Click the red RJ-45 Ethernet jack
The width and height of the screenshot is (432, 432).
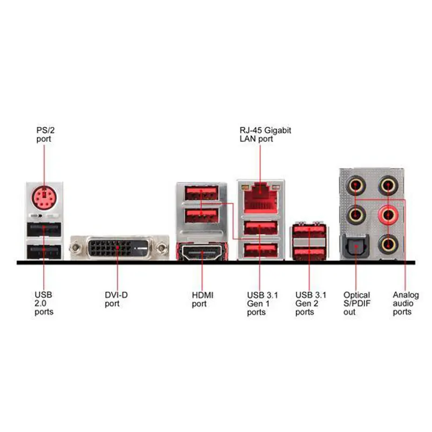click(x=260, y=198)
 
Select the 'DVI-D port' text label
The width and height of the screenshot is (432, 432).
click(x=116, y=299)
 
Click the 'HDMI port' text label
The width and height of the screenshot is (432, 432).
click(x=202, y=299)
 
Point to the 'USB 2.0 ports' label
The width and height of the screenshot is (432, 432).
click(x=44, y=303)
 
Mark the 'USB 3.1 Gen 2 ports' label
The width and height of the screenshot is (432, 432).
click(x=311, y=303)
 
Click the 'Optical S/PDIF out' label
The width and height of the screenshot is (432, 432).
click(x=357, y=303)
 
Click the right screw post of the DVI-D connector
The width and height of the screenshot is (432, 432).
click(x=161, y=249)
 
